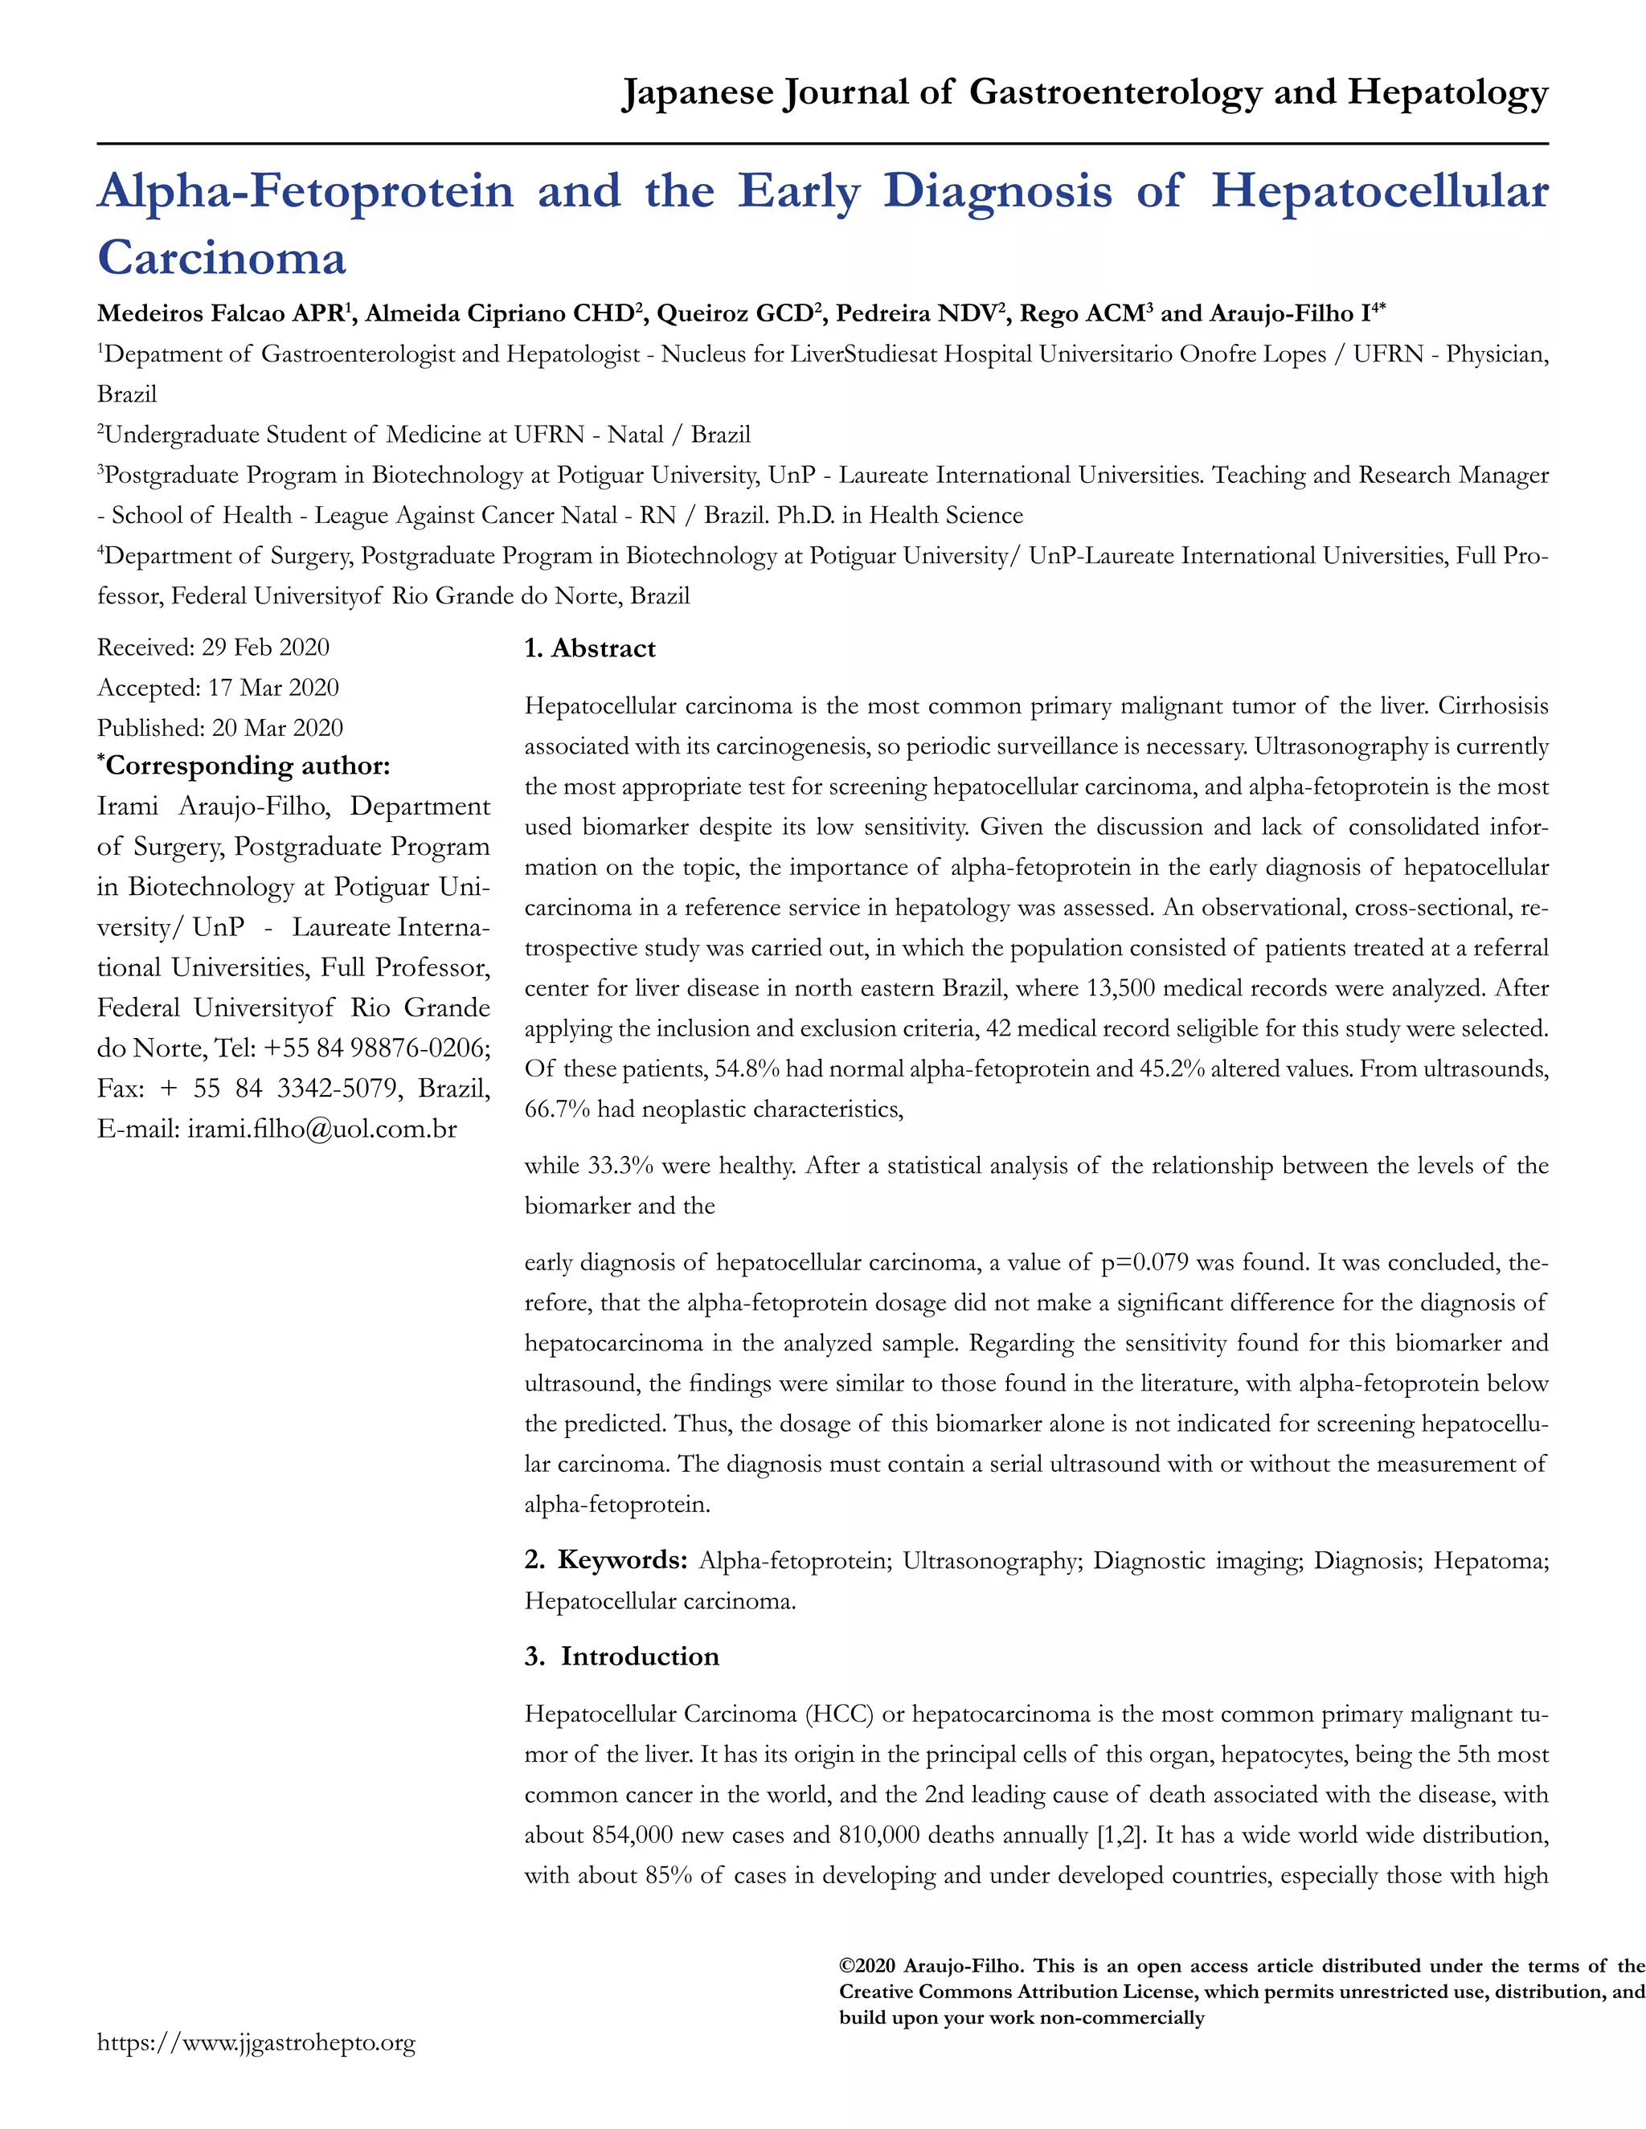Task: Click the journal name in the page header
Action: pos(1084,92)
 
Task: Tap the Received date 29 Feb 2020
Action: pos(264,648)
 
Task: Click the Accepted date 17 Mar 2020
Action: pos(272,689)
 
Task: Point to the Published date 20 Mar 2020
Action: pos(276,728)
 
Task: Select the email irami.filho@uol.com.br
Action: pos(321,1129)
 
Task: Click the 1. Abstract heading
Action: pos(589,649)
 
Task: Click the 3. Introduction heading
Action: pos(621,1657)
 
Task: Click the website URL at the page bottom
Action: pos(256,2043)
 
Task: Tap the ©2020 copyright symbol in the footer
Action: pos(846,1966)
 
